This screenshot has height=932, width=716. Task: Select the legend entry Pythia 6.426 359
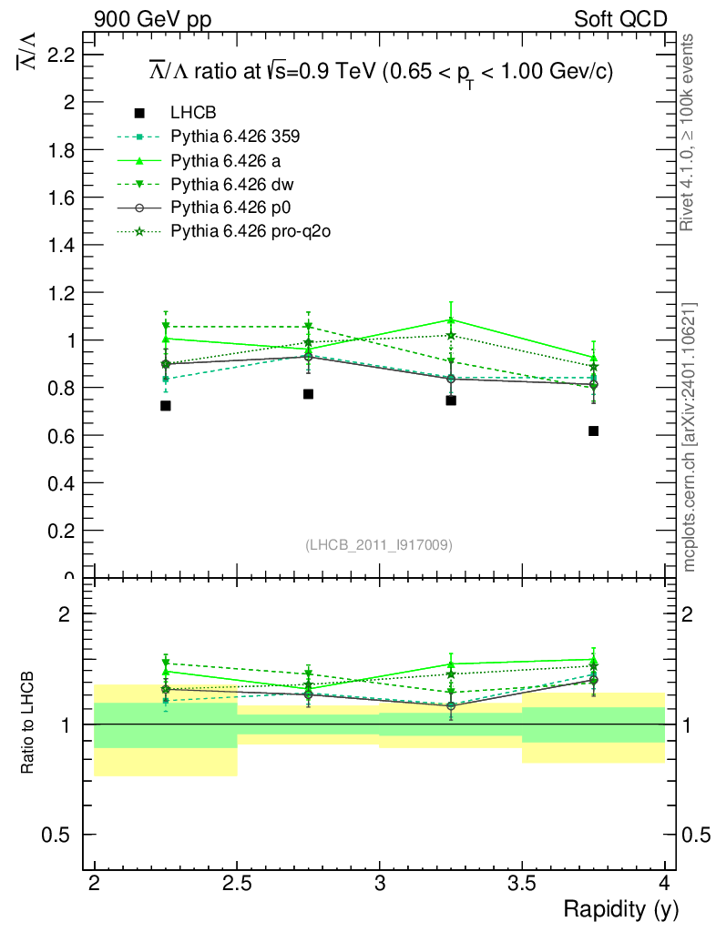tap(235, 137)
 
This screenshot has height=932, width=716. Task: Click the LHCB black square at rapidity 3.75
tap(593, 431)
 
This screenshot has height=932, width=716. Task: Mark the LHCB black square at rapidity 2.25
tap(166, 405)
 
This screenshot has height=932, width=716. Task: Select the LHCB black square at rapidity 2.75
tap(308, 394)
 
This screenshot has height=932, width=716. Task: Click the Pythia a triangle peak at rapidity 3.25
tap(451, 319)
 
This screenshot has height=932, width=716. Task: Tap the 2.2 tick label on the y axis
tap(59, 55)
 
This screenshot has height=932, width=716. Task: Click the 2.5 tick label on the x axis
tap(237, 883)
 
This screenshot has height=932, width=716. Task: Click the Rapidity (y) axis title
tap(620, 909)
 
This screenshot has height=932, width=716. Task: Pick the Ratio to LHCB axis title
tap(28, 724)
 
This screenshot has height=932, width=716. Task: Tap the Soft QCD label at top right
tap(620, 19)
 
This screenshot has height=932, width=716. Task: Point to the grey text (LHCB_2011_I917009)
tap(378, 545)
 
